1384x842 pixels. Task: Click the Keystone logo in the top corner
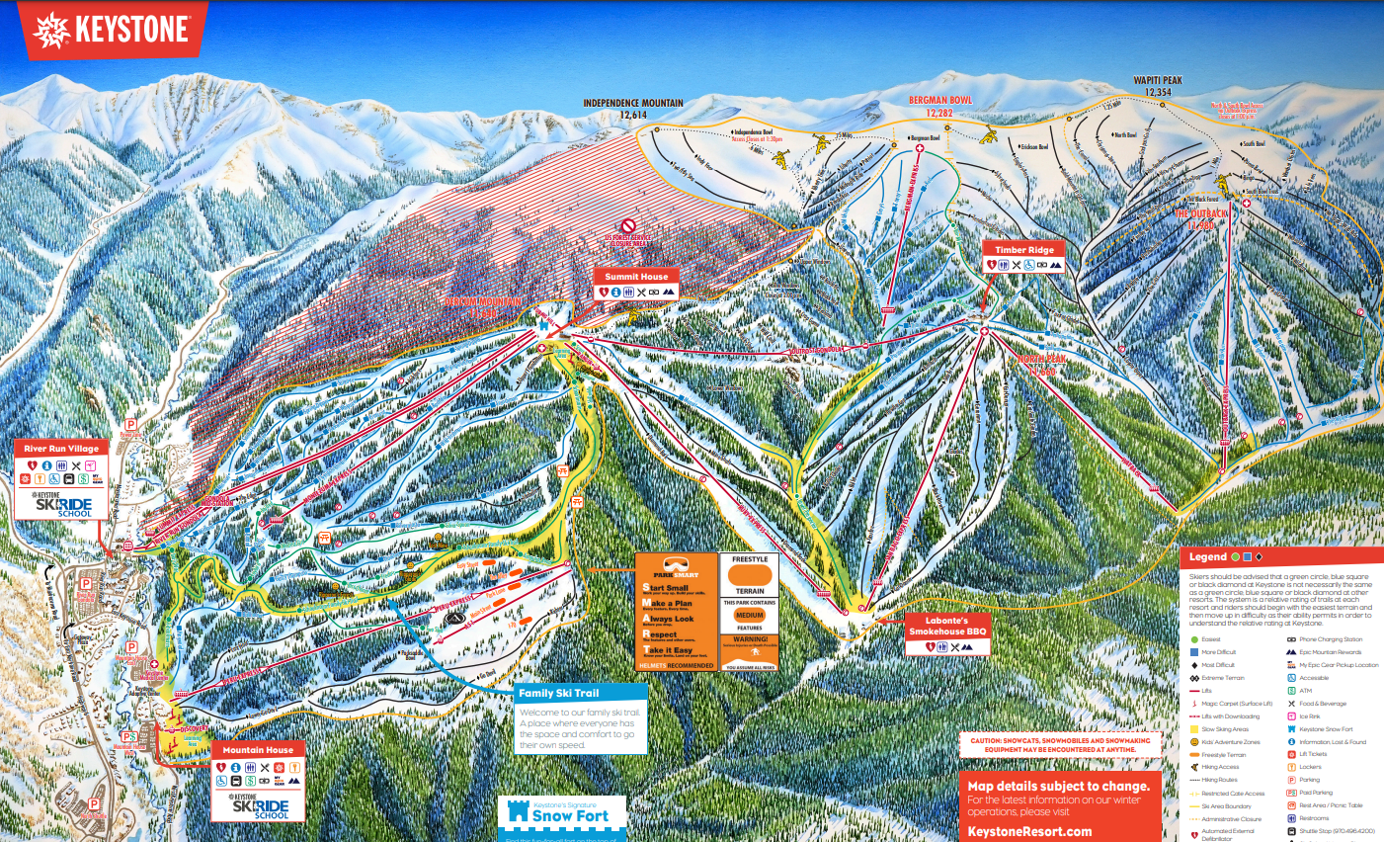tap(111, 30)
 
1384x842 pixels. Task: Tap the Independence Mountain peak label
tap(633, 108)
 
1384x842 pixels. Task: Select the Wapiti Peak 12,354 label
tap(1157, 86)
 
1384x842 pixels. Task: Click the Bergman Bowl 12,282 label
tap(939, 106)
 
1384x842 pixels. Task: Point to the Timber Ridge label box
tap(1023, 250)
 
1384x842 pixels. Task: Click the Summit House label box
tap(636, 277)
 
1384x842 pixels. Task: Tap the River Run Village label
tap(61, 449)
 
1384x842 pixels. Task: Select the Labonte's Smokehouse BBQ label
tap(947, 626)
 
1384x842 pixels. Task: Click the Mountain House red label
tap(257, 750)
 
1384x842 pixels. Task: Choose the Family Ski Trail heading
tap(559, 693)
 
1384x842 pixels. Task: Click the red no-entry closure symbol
tap(627, 226)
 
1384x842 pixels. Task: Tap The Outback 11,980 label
tap(1200, 218)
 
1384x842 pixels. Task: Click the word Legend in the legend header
tap(1207, 557)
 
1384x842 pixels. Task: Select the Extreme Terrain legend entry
tap(1222, 678)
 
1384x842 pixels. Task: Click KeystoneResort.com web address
tap(1029, 831)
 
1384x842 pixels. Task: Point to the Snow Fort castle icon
tap(518, 812)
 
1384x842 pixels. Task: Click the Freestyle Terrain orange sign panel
tap(750, 575)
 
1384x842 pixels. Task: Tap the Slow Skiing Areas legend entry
tap(1224, 729)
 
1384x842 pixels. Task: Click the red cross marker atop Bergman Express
tap(920, 149)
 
